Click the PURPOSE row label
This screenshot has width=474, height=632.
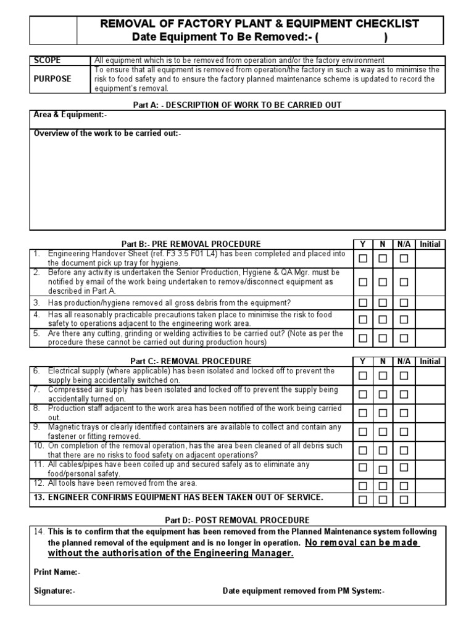click(52, 79)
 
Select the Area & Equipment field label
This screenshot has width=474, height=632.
click(70, 115)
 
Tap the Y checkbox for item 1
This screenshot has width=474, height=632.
click(363, 259)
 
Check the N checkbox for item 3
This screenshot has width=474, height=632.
click(383, 303)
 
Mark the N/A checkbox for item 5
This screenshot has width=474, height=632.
click(404, 338)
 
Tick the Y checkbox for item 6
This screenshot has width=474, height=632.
click(363, 375)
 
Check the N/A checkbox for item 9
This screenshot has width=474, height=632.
click(404, 431)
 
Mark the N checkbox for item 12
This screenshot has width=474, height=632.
click(383, 486)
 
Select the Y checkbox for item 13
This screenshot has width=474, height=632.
click(363, 499)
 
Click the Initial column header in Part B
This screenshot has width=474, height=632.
click(430, 244)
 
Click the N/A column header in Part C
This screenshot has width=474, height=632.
click(404, 361)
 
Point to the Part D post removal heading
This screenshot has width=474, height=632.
click(237, 520)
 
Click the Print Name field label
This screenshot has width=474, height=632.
click(57, 572)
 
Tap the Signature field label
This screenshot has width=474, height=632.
click(55, 591)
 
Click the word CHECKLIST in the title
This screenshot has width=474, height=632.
click(379, 23)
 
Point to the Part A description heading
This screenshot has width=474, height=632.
click(237, 105)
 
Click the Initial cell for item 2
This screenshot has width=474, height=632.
click(430, 281)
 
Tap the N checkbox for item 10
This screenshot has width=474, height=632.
click(383, 450)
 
